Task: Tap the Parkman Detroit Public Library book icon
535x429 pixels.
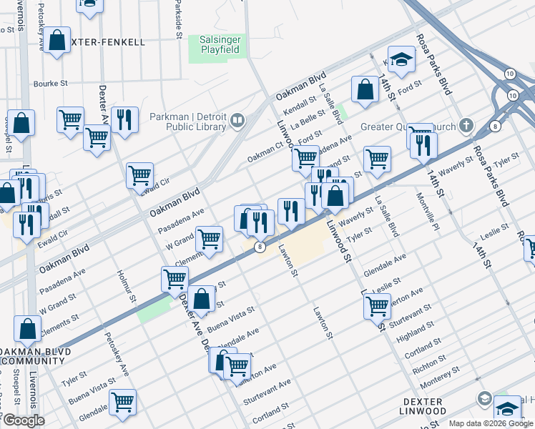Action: pyautogui.click(x=237, y=121)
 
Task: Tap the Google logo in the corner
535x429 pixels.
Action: pyautogui.click(x=24, y=420)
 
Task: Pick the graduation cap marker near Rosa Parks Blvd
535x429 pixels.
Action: pyautogui.click(x=402, y=60)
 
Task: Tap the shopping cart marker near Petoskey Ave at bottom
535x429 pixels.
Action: pyautogui.click(x=123, y=403)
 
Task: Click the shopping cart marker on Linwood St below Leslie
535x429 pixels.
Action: pyautogui.click(x=377, y=307)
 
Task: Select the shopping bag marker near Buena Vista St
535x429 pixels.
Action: pyautogui.click(x=202, y=300)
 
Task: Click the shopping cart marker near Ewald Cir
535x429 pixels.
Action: pyautogui.click(x=139, y=175)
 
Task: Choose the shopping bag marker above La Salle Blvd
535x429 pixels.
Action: pyautogui.click(x=365, y=90)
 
